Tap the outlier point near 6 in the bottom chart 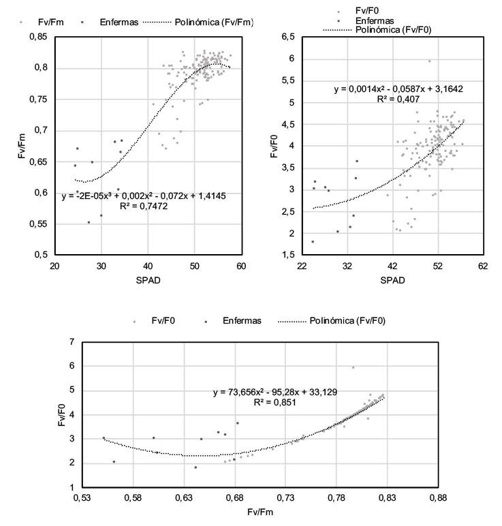[353, 368]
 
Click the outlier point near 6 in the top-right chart [429, 61]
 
